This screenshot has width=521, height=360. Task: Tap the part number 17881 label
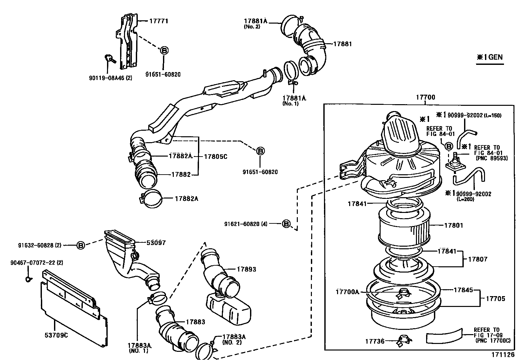(x=342, y=44)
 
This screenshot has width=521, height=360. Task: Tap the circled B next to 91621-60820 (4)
(x=286, y=224)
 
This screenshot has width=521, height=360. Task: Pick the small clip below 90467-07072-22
(x=28, y=279)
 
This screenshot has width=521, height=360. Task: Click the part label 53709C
(x=56, y=335)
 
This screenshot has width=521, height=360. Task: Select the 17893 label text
(x=246, y=269)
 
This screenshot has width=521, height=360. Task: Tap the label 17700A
(x=347, y=292)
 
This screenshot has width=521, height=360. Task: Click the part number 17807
(x=477, y=259)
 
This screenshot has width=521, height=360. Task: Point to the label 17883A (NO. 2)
(x=234, y=339)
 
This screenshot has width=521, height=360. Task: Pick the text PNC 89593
(x=491, y=158)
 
